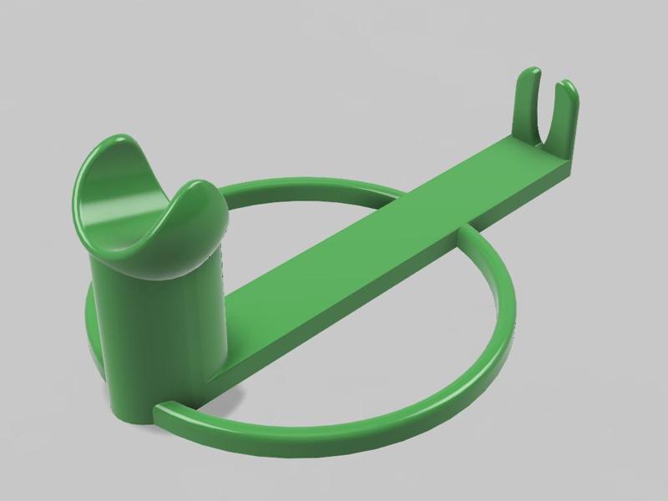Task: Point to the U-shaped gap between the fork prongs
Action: [x=547, y=125]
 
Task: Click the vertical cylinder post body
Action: [x=159, y=334]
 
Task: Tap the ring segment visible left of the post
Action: [x=91, y=326]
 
